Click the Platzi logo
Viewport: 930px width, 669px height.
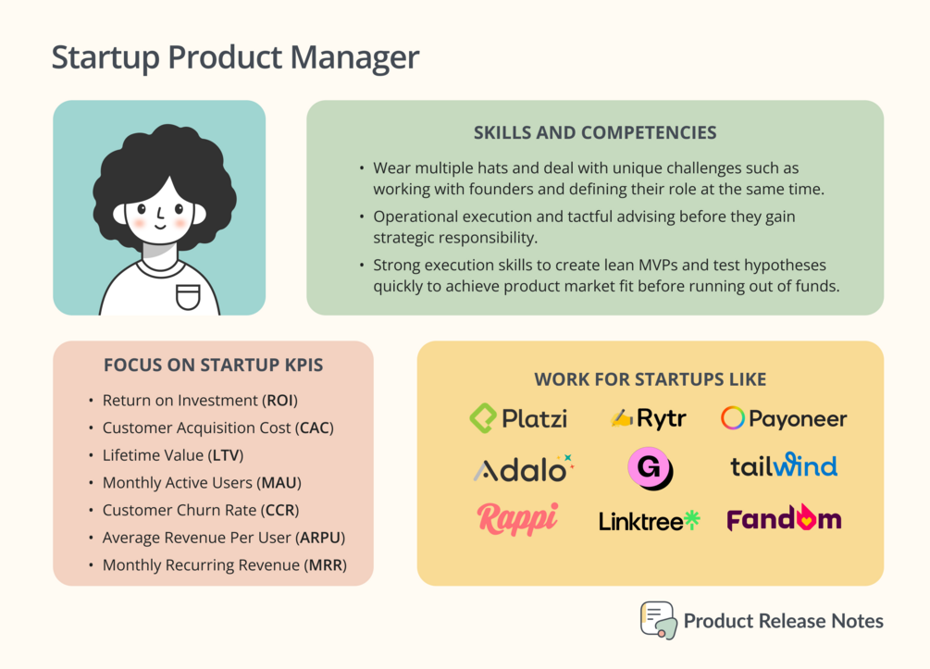pyautogui.click(x=518, y=418)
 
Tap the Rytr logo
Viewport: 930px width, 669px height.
pyautogui.click(x=649, y=419)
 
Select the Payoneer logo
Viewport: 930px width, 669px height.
pyautogui.click(x=784, y=419)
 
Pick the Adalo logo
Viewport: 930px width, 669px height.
pyautogui.click(x=524, y=468)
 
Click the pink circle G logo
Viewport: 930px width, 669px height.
pyautogui.click(x=650, y=468)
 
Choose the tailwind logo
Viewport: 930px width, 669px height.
pyautogui.click(x=784, y=465)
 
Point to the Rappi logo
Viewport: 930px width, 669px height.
pyautogui.click(x=518, y=518)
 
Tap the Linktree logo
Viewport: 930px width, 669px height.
pyautogui.click(x=650, y=521)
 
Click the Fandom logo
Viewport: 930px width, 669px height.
pyautogui.click(x=784, y=518)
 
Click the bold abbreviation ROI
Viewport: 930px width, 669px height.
pyautogui.click(x=280, y=401)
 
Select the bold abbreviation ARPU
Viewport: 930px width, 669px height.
pyautogui.click(x=320, y=538)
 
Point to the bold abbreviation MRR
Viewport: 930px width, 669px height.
pyautogui.click(x=326, y=564)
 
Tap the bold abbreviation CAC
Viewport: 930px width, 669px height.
pyautogui.click(x=315, y=427)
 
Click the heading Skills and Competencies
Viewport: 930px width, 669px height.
pyautogui.click(x=595, y=132)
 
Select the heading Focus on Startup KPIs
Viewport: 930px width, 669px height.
pyautogui.click(x=214, y=365)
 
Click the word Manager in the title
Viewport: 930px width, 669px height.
pyautogui.click(x=354, y=57)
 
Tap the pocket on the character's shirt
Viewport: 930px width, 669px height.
pyautogui.click(x=188, y=297)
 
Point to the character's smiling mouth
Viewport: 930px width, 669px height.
pyautogui.click(x=160, y=226)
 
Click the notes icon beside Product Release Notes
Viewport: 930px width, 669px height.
pyautogui.click(x=658, y=620)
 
